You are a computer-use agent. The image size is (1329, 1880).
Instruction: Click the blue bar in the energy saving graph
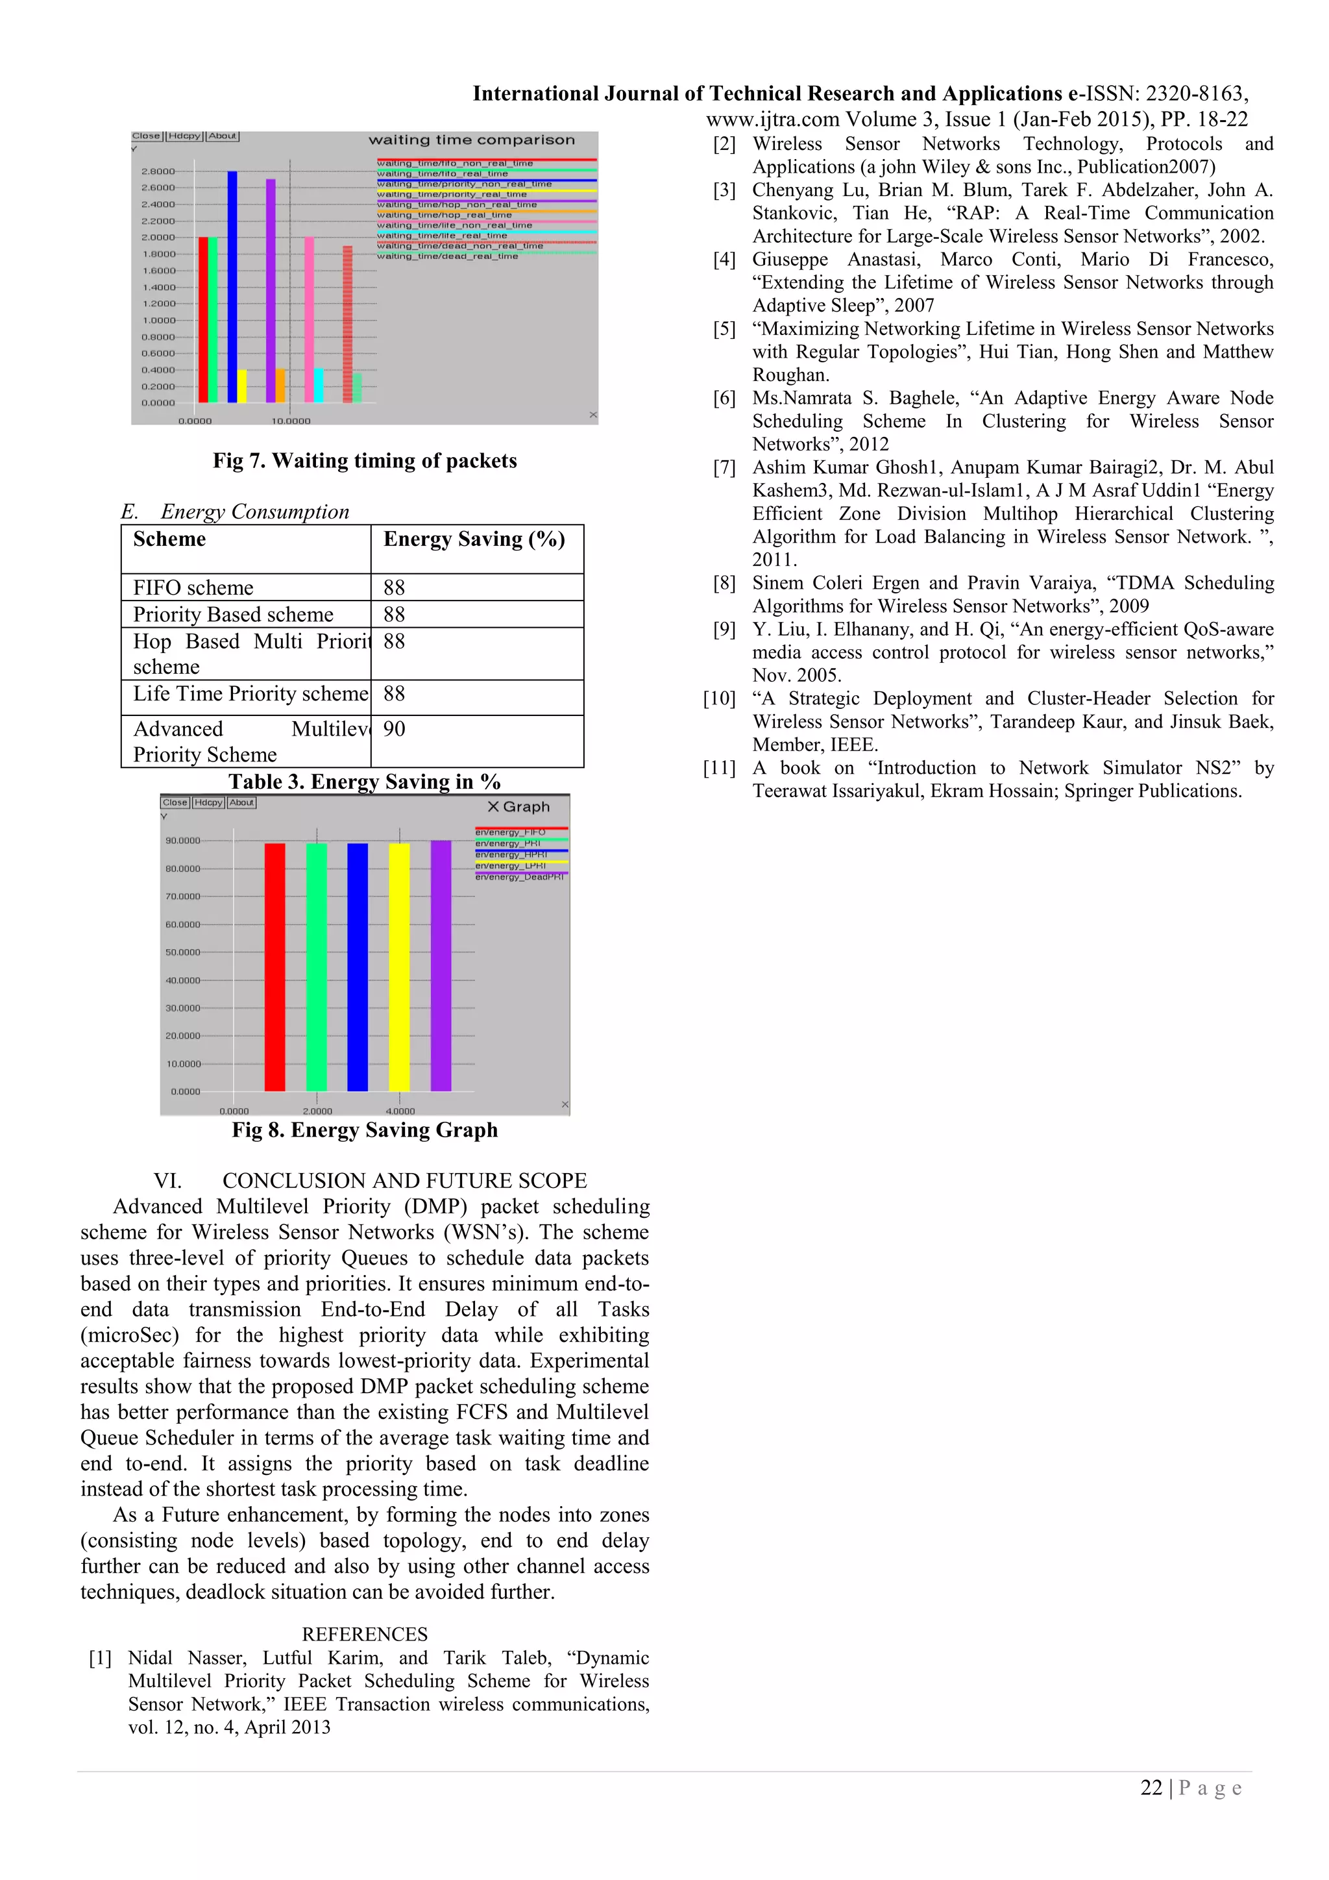point(358,966)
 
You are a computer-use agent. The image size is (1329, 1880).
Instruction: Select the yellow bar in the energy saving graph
point(398,966)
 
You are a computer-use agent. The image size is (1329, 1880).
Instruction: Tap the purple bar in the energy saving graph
point(441,966)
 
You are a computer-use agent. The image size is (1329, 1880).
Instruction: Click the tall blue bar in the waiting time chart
point(232,286)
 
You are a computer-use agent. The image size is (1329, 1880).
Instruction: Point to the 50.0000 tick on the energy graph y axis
point(182,952)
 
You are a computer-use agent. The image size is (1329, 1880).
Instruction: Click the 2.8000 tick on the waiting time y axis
point(158,171)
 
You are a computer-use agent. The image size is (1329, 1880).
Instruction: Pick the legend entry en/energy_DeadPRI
point(520,877)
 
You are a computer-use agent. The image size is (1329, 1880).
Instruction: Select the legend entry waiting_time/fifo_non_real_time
point(455,164)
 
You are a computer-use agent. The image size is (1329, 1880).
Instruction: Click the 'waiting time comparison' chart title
point(471,140)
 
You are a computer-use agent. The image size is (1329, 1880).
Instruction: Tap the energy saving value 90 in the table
point(395,729)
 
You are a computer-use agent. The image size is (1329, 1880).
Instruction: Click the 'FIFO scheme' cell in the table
point(193,588)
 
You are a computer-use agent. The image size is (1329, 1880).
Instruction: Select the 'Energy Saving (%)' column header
point(474,539)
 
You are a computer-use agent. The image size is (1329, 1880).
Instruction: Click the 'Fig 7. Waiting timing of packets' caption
point(365,461)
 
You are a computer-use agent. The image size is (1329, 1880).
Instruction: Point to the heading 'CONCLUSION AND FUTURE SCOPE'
point(404,1181)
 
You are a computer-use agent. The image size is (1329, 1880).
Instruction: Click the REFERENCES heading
point(365,1635)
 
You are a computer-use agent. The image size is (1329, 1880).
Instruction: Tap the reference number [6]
point(724,398)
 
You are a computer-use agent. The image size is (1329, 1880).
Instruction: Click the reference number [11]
point(719,768)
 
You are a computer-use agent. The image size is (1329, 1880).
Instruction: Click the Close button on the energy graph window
point(175,802)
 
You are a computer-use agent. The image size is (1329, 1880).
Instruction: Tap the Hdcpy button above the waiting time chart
point(185,136)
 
